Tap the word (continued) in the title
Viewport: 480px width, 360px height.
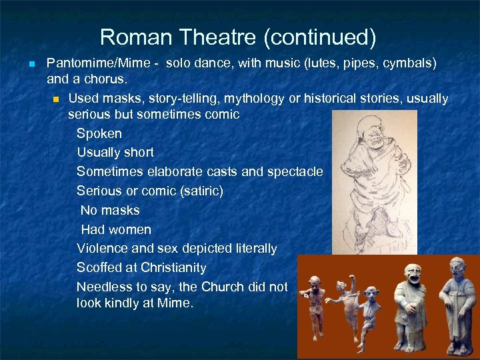(x=320, y=37)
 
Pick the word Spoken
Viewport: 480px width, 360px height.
(x=99, y=134)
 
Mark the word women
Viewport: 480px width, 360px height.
(x=129, y=230)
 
